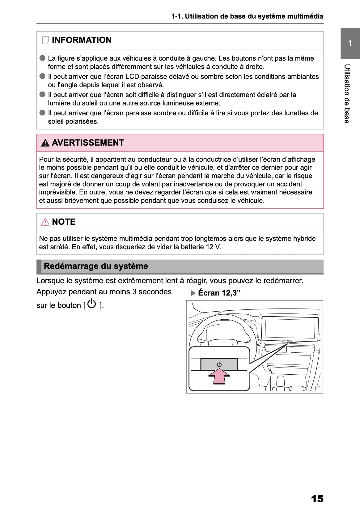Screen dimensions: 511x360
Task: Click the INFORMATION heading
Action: [x=82, y=40]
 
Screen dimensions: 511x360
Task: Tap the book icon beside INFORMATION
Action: [x=45, y=40]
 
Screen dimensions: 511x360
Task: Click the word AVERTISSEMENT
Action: [x=88, y=143]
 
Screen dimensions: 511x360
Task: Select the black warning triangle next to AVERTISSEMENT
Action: [x=45, y=143]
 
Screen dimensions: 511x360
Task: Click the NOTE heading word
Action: [x=64, y=222]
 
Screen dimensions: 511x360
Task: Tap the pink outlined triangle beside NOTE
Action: [x=45, y=222]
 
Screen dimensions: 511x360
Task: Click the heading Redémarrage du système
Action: [x=96, y=266]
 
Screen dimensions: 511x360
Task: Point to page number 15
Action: [x=317, y=498]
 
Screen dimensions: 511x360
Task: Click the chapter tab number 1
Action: [x=350, y=43]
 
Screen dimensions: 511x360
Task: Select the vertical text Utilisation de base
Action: [x=347, y=94]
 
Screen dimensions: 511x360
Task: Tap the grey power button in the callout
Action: [x=219, y=364]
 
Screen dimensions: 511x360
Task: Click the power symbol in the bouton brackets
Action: [x=92, y=304]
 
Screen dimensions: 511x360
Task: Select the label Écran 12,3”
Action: [x=219, y=293]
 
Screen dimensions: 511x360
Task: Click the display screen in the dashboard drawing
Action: [x=290, y=328]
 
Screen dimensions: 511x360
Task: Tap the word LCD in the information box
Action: [x=132, y=77]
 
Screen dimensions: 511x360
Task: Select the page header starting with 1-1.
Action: [x=247, y=16]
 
